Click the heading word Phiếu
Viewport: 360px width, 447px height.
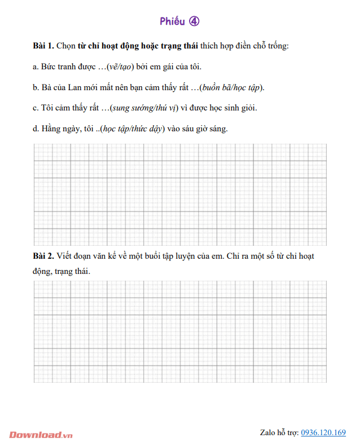pyautogui.click(x=172, y=21)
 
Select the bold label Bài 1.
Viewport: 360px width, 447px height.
pyautogui.click(x=43, y=46)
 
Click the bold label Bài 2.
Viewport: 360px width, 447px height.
pyautogui.click(x=43, y=256)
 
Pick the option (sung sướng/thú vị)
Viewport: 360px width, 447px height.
pyautogui.click(x=145, y=108)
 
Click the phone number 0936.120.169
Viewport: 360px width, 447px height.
pyautogui.click(x=323, y=432)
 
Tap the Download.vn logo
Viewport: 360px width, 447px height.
pyautogui.click(x=41, y=435)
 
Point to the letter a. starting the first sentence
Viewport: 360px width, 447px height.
pyautogui.click(x=36, y=67)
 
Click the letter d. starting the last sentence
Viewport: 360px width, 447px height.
pyautogui.click(x=36, y=129)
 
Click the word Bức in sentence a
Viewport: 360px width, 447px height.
pyautogui.click(x=49, y=67)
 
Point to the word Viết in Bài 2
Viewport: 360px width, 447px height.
pyautogui.click(x=67, y=256)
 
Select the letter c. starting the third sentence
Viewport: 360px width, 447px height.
pyautogui.click(x=36, y=108)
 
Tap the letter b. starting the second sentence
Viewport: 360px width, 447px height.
pyautogui.click(x=36, y=87)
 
